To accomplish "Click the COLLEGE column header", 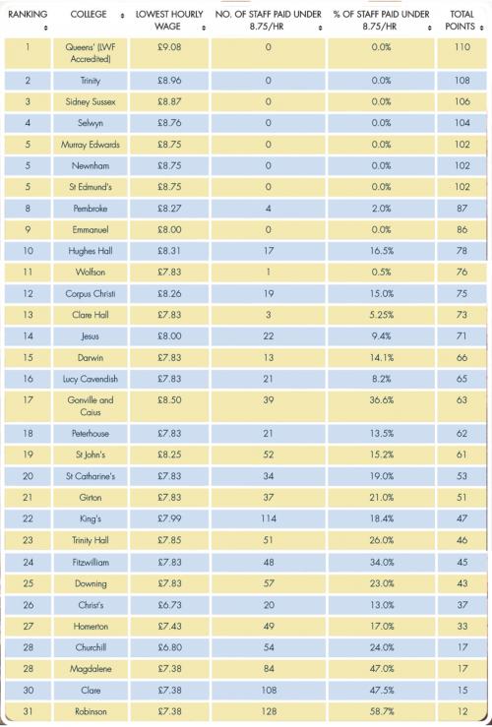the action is (89, 15).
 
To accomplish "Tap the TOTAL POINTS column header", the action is (461, 21).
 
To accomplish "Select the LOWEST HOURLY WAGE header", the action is (169, 21).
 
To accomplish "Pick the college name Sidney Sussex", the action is (90, 101).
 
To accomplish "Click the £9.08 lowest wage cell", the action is (169, 47).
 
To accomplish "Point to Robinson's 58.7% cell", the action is (382, 711).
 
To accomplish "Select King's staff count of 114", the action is (269, 518).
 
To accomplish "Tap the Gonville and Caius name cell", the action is (90, 405).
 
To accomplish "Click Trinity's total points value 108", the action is (461, 81).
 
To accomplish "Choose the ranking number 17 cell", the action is (28, 399).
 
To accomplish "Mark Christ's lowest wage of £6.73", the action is (169, 605).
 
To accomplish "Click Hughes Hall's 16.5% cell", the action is (382, 251).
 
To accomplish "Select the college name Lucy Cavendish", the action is (90, 379).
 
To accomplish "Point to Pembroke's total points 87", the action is (461, 209).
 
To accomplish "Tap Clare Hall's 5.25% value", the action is (382, 315).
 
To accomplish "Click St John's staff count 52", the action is (269, 454).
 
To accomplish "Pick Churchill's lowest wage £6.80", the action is (169, 647).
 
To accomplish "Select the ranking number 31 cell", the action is (28, 711).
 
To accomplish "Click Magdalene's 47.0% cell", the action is (382, 669).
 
